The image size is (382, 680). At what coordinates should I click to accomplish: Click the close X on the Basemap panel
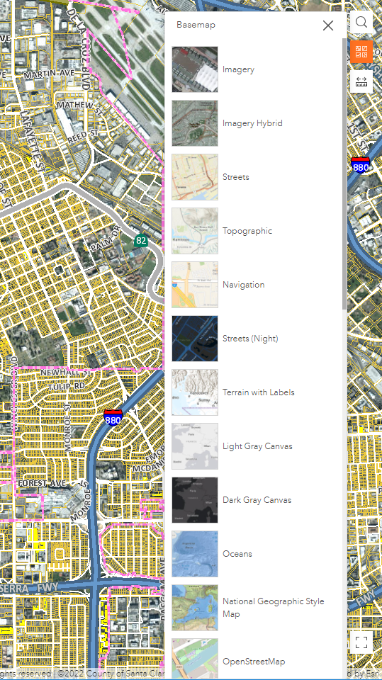327,25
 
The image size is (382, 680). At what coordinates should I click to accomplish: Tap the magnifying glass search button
361,23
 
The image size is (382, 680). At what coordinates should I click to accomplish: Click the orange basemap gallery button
361,52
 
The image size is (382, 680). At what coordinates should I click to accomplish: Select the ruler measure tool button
361,81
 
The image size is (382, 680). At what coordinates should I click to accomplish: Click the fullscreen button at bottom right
361,642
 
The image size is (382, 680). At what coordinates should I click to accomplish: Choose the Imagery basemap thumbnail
195,69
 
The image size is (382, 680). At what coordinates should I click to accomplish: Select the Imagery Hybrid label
252,123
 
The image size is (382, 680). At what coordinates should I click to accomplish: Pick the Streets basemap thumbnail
195,177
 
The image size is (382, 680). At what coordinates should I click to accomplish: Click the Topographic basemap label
247,231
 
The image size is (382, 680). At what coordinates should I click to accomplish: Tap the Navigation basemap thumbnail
195,285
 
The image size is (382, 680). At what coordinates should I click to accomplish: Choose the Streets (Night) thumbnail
195,339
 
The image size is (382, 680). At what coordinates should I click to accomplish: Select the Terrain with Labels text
258,392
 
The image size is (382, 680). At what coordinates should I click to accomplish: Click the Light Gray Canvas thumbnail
195,446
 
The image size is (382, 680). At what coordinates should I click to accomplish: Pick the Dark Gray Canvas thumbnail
195,500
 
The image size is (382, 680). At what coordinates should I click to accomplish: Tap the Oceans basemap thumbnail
195,554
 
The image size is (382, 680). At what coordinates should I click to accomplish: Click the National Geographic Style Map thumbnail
195,608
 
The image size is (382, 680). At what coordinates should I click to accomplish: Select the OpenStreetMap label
254,662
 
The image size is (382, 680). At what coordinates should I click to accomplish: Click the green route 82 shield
142,241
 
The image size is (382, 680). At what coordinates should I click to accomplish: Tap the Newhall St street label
63,371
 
